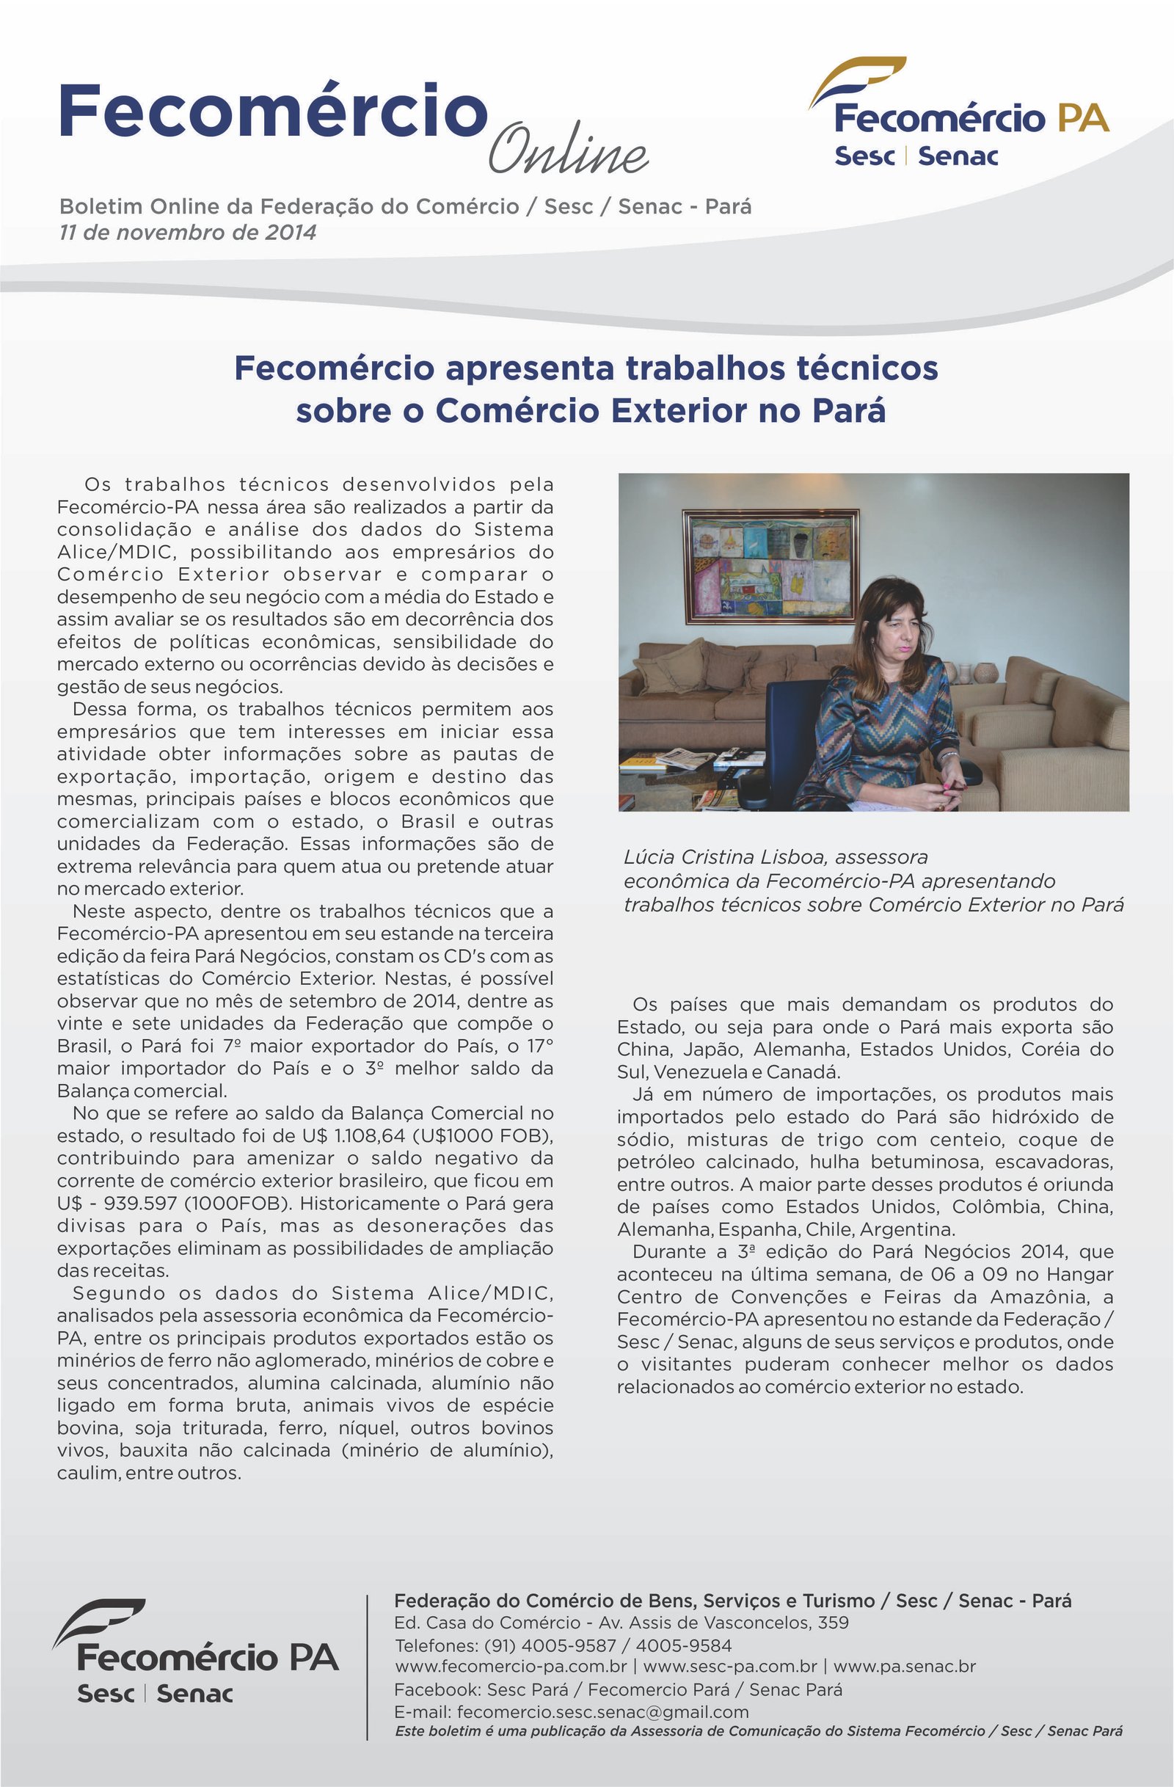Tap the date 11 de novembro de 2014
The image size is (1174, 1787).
coord(188,232)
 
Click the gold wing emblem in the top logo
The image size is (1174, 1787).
coord(857,79)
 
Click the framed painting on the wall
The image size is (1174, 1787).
coord(771,566)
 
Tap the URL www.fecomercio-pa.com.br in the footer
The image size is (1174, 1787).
coord(511,1667)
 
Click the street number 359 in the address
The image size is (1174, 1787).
coord(834,1623)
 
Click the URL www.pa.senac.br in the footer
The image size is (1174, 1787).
coord(905,1667)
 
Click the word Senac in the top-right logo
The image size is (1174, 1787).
coord(958,156)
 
